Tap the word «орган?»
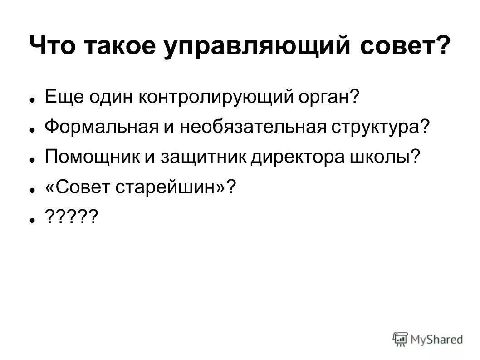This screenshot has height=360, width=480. coord(327,97)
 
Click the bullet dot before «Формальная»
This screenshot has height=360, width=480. coord(33,129)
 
